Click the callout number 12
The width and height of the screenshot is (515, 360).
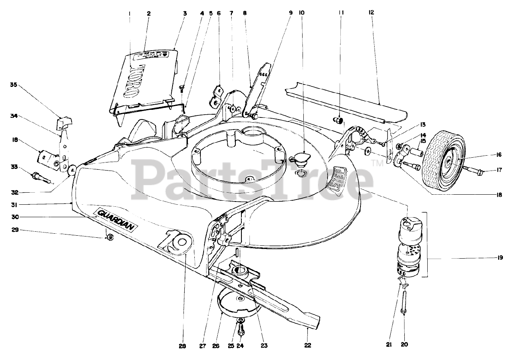(371, 13)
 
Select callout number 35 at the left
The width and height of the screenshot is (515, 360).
(14, 85)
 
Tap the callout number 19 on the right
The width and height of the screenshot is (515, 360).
(500, 258)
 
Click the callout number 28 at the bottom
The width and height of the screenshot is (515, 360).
(183, 345)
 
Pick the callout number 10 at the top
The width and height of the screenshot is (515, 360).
(302, 13)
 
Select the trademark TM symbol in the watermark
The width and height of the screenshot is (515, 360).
(377, 163)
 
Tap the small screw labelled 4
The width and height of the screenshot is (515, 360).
(182, 87)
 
